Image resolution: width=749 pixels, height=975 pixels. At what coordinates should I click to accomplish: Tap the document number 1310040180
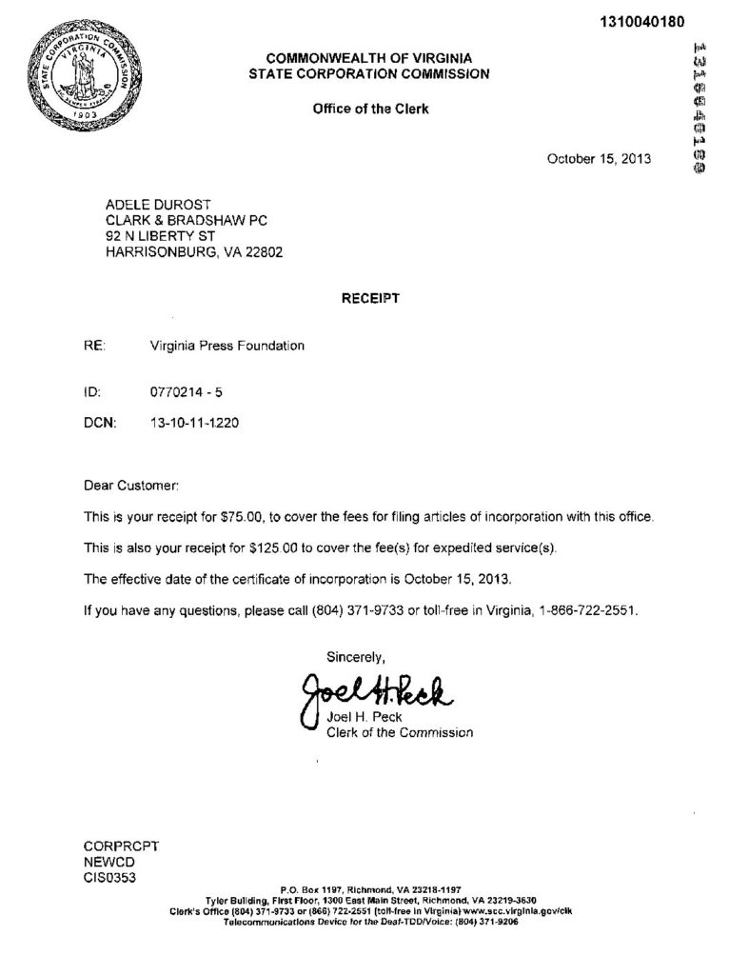coord(644,22)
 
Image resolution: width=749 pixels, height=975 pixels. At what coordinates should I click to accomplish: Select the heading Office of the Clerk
coord(370,109)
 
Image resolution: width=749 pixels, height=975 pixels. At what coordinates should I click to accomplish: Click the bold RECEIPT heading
coord(370,298)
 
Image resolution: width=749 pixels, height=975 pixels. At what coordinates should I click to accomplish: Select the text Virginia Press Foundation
coord(227,346)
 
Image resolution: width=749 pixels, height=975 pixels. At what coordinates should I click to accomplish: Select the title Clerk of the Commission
coord(399,732)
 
